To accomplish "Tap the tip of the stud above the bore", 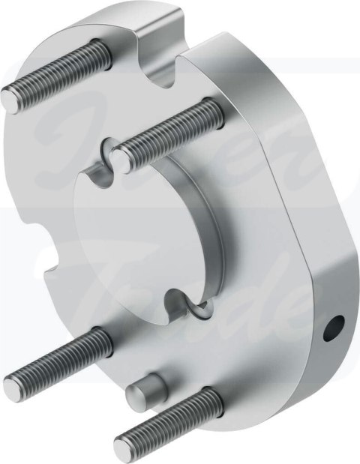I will coord(122,158).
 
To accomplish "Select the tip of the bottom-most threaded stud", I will coord(124,448).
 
